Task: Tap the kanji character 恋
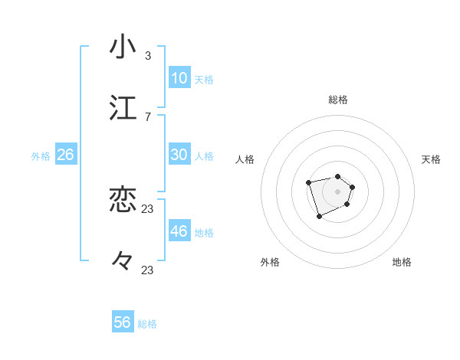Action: pyautogui.click(x=123, y=200)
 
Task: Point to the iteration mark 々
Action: pyautogui.click(x=123, y=261)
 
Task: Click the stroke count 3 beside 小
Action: pyautogui.click(x=147, y=55)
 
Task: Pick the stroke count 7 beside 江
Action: pyautogui.click(x=147, y=116)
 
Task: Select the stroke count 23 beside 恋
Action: pyautogui.click(x=148, y=208)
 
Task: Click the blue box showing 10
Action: pyautogui.click(x=179, y=78)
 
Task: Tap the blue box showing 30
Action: pyautogui.click(x=179, y=155)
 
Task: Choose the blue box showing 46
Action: pyautogui.click(x=179, y=231)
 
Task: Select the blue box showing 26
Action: pyautogui.click(x=65, y=155)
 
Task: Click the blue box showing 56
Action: pyautogui.click(x=123, y=322)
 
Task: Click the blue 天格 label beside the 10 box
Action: pyautogui.click(x=204, y=80)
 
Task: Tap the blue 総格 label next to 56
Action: pyautogui.click(x=147, y=324)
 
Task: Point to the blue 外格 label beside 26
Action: pyautogui.click(x=41, y=156)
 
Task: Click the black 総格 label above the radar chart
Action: pyautogui.click(x=338, y=100)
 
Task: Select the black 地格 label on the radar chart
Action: pyautogui.click(x=402, y=262)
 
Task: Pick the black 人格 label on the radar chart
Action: pyautogui.click(x=245, y=159)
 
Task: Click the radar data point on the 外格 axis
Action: pyautogui.click(x=319, y=217)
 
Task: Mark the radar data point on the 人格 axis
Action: pyautogui.click(x=308, y=182)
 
